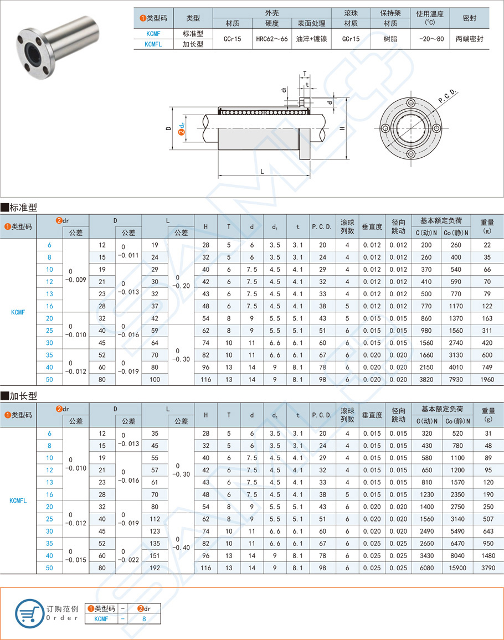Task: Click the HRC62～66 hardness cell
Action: (x=272, y=39)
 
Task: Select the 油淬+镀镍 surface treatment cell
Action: (x=311, y=39)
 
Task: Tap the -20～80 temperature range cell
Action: (x=430, y=39)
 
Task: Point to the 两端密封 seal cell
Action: (x=469, y=39)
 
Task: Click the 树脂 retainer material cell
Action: (x=390, y=39)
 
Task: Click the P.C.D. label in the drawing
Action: (x=447, y=96)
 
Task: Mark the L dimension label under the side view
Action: (x=261, y=172)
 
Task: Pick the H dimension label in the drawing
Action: (x=343, y=128)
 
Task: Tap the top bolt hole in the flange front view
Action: (x=411, y=103)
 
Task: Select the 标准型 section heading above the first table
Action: (x=19, y=208)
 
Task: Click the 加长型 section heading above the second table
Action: (x=19, y=396)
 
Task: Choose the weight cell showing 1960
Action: (x=487, y=379)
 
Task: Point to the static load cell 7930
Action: (x=455, y=379)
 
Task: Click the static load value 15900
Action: (x=455, y=567)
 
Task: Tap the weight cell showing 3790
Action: (x=487, y=567)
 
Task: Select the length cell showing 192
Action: (x=155, y=567)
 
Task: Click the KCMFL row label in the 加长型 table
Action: (x=18, y=500)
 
